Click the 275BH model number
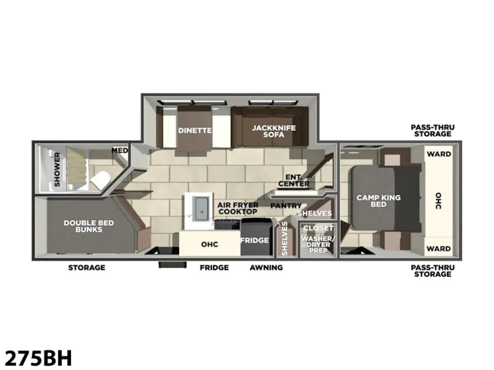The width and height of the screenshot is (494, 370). (x=39, y=358)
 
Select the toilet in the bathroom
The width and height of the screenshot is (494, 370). (x=100, y=180)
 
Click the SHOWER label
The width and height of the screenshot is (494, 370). (x=57, y=169)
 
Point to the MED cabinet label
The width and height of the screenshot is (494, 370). (x=120, y=151)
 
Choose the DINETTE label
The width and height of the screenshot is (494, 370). (x=195, y=130)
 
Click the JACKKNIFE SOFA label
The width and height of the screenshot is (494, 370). (x=274, y=131)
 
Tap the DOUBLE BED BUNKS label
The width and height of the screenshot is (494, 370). (x=89, y=226)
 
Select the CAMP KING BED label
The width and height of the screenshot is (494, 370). (x=378, y=201)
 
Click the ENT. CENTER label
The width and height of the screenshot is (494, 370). (x=294, y=181)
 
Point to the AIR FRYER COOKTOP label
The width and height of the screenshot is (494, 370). (x=238, y=208)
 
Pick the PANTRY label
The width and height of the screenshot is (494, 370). (x=286, y=206)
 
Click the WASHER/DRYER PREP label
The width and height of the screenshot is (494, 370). (x=318, y=244)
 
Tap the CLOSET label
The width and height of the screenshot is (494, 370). (x=318, y=228)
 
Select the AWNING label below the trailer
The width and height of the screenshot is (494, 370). (x=266, y=268)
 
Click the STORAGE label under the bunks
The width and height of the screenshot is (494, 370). (x=87, y=268)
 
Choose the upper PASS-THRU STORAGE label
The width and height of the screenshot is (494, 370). (x=433, y=131)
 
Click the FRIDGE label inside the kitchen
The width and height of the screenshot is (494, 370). (x=255, y=240)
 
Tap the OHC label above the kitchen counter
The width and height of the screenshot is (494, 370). (x=209, y=244)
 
